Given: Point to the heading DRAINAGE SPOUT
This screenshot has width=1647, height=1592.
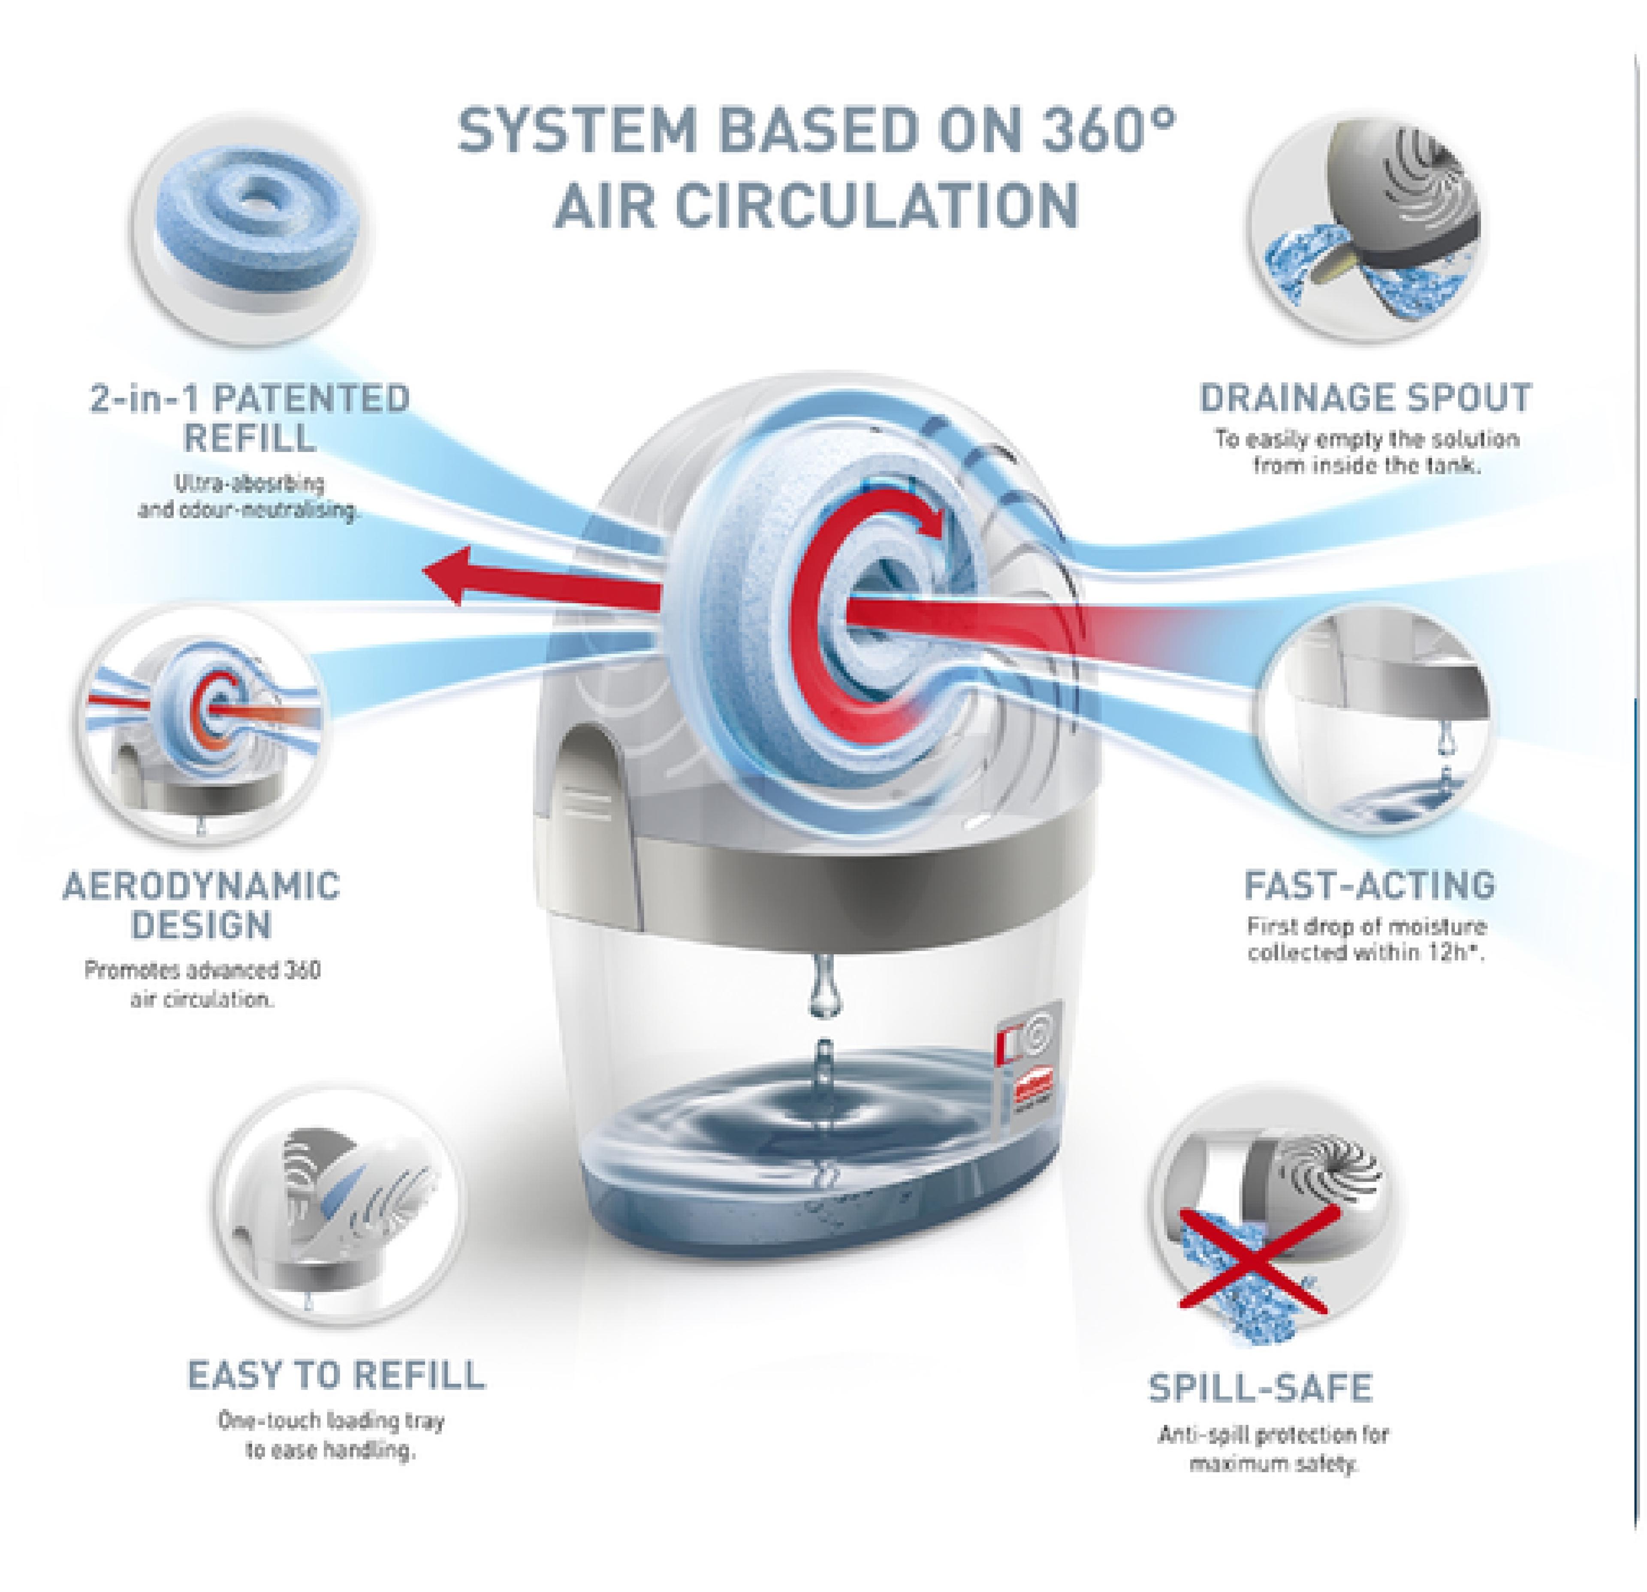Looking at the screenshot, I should click(x=1366, y=398).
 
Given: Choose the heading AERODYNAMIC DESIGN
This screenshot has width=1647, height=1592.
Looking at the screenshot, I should click(x=202, y=905).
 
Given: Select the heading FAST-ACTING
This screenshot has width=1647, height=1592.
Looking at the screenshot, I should click(x=1369, y=885).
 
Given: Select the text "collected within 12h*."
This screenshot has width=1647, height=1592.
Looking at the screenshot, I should click(x=1366, y=953).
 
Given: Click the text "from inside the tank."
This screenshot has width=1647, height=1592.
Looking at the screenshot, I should click(x=1366, y=465).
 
